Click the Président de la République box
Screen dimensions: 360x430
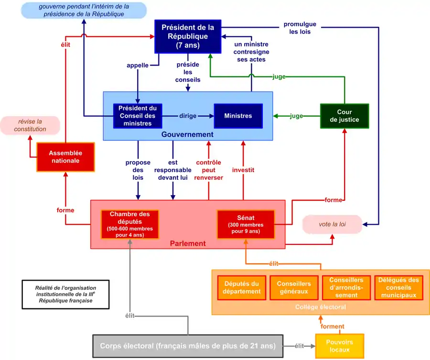(188, 36)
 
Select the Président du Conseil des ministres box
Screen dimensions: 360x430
(138, 116)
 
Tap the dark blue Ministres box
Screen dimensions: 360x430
(238, 116)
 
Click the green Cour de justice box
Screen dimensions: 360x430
(344, 116)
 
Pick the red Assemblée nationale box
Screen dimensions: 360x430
(66, 157)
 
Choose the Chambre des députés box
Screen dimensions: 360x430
(129, 224)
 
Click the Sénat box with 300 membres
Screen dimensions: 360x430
(246, 224)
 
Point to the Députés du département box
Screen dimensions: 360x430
(242, 288)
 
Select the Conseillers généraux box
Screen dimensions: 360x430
(294, 288)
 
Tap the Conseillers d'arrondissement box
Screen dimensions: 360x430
(346, 288)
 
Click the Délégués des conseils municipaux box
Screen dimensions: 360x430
(398, 288)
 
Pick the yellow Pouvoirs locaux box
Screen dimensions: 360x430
(339, 346)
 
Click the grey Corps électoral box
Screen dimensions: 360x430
(187, 346)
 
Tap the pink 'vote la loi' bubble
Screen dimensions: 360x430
(332, 224)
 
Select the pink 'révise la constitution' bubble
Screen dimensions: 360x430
(30, 125)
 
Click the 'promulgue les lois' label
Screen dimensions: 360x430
(300, 28)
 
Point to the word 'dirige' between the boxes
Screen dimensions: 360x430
(188, 116)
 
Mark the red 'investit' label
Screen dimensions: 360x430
(243, 170)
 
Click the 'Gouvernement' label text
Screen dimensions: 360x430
(187, 135)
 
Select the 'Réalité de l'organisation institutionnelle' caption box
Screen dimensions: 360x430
(65, 294)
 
